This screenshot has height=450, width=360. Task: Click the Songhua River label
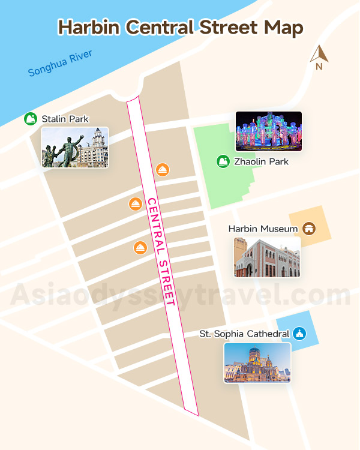click(60, 64)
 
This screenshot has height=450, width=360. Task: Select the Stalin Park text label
click(65, 119)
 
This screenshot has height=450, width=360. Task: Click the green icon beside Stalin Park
click(31, 119)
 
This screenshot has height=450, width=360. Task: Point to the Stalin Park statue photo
click(74, 148)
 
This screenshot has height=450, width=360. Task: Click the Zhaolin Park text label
click(261, 161)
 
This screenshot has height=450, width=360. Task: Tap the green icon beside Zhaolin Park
click(223, 161)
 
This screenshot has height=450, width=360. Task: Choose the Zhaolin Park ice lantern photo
click(268, 131)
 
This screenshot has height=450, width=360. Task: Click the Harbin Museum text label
click(263, 229)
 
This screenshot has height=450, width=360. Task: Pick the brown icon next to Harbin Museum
click(309, 229)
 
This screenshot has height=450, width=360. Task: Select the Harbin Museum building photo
click(267, 257)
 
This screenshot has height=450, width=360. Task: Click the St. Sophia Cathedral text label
click(244, 334)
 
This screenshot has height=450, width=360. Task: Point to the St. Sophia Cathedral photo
click(257, 362)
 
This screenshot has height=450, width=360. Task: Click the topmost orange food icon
click(162, 170)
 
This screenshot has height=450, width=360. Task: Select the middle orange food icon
click(136, 204)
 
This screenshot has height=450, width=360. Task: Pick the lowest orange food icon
click(140, 247)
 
